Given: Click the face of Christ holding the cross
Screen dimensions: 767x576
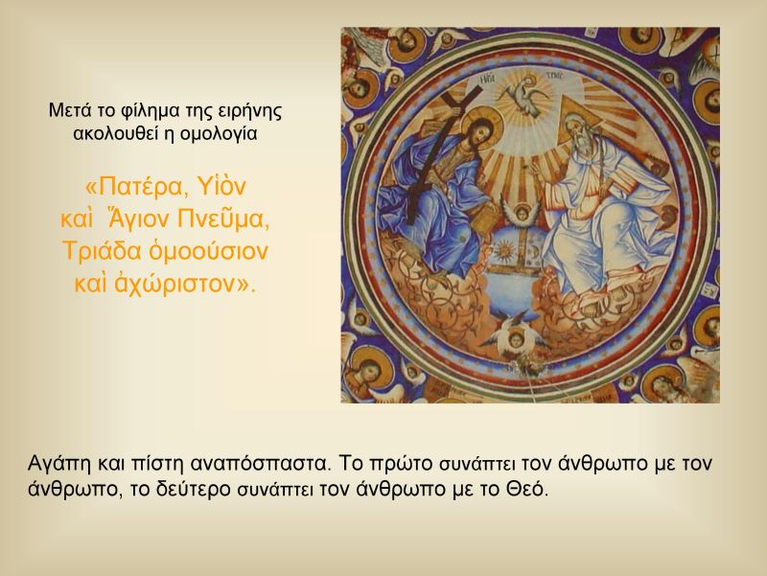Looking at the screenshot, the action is pyautogui.click(x=473, y=133).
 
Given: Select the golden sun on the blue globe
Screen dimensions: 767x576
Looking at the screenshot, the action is pyautogui.click(x=502, y=253).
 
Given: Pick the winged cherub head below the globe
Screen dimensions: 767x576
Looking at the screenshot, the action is pyautogui.click(x=513, y=337).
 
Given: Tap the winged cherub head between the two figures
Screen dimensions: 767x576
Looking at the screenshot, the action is pyautogui.click(x=522, y=214).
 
